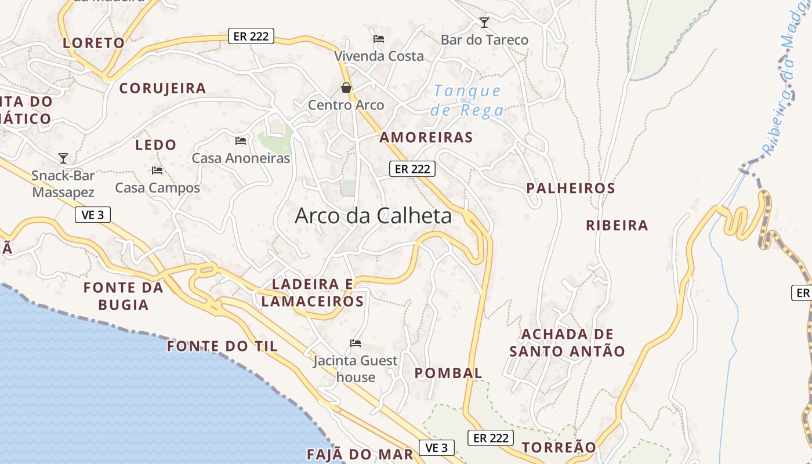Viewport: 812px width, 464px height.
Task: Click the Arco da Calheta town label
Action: pos(373,216)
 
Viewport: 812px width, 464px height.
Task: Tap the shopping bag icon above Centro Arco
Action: pos(346,88)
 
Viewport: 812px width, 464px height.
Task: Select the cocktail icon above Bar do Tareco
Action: pos(484,23)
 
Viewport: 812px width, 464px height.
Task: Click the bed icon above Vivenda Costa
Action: pos(379,39)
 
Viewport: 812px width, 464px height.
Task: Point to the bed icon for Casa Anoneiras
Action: pos(241,140)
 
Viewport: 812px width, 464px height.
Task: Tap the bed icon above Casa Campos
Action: pos(157,171)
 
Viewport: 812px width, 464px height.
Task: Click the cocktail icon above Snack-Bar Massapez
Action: pos(63,158)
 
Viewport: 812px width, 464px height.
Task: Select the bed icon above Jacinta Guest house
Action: pos(356,343)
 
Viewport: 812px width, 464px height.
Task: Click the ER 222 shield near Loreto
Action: pos(251,36)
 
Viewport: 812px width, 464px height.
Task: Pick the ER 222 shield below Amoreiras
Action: pos(412,169)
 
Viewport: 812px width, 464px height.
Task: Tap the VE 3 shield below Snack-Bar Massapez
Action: pos(93,215)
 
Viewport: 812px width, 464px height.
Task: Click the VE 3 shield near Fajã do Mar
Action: pos(437,448)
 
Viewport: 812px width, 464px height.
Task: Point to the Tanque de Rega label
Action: pos(467,100)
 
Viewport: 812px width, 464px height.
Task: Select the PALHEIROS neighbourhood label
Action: pos(571,188)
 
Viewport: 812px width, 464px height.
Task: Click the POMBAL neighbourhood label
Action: pos(448,373)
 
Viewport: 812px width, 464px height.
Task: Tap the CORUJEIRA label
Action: pos(162,88)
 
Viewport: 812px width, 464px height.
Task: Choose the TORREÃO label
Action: pos(559,447)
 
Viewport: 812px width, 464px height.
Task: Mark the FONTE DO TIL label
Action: pos(222,346)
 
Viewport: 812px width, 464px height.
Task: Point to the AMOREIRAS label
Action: pos(426,137)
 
